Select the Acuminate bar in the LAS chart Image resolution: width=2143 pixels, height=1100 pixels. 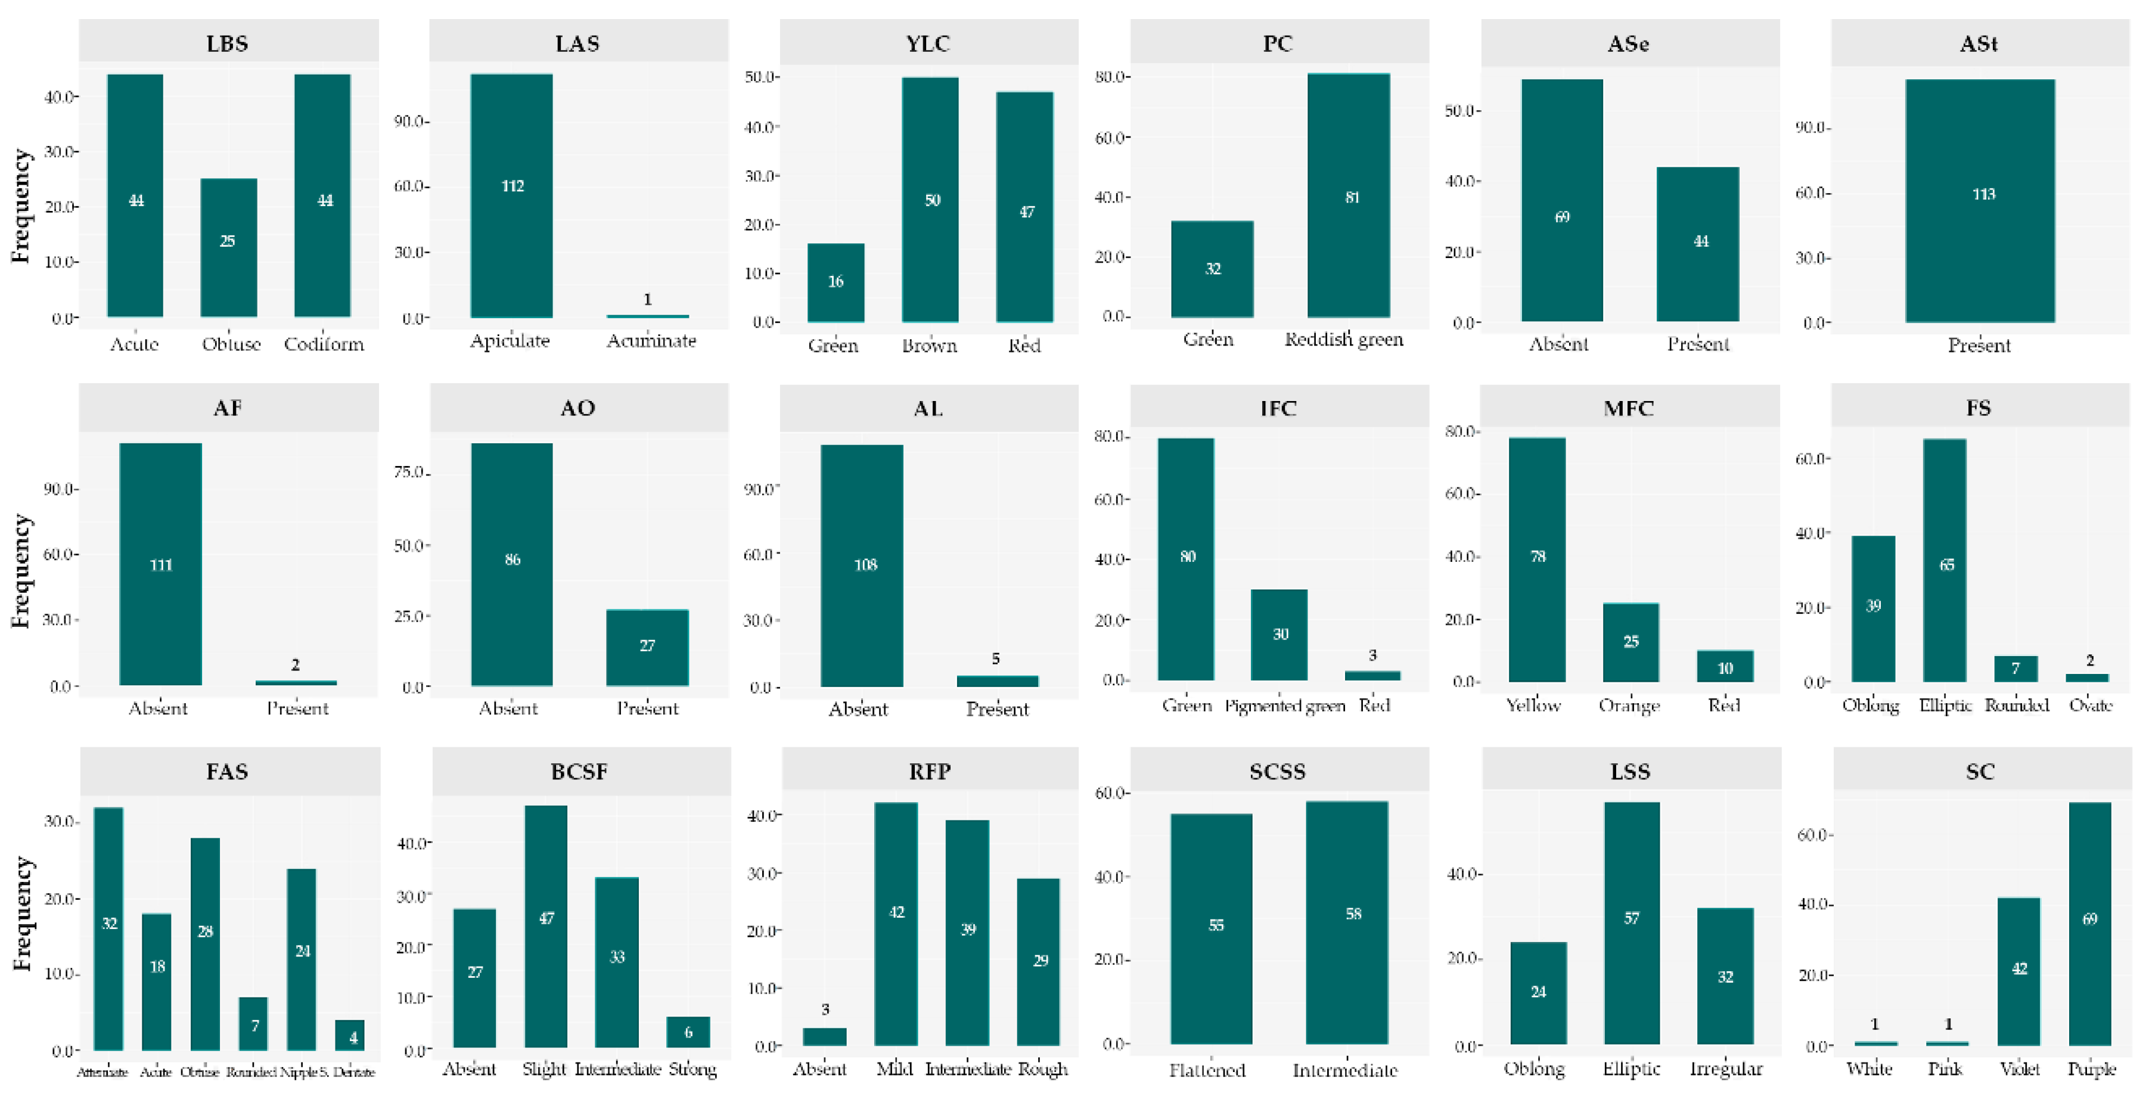[647, 316]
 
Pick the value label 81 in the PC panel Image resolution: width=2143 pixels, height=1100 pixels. [1352, 198]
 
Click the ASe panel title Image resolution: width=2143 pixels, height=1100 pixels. [1628, 43]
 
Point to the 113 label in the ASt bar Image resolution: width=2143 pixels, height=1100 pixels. [1983, 194]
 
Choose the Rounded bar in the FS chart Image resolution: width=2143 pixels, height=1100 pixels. [2015, 669]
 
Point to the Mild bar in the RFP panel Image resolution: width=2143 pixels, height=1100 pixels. [896, 924]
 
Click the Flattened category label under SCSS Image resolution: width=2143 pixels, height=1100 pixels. [1207, 1070]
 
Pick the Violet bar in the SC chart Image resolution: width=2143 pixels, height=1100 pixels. [2019, 971]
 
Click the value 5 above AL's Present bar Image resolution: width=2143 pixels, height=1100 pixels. [995, 659]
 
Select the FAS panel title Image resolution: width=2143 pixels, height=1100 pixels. [227, 771]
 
